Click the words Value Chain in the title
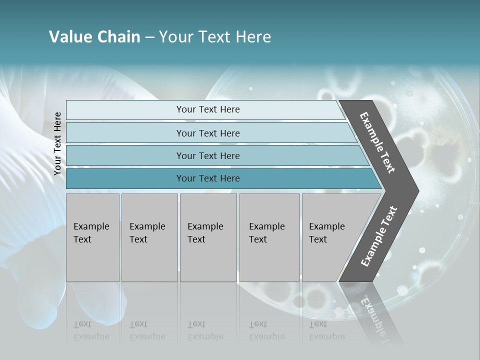tap(94, 37)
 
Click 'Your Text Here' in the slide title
tap(215, 37)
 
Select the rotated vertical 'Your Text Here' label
tap(57, 143)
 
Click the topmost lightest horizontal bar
tap(207, 109)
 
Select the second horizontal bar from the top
tap(207, 133)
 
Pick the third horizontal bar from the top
tap(207, 155)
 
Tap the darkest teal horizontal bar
tap(207, 178)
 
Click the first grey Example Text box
tap(92, 237)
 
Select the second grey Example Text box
tap(149, 237)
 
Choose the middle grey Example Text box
tap(208, 237)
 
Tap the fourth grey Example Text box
tap(269, 237)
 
